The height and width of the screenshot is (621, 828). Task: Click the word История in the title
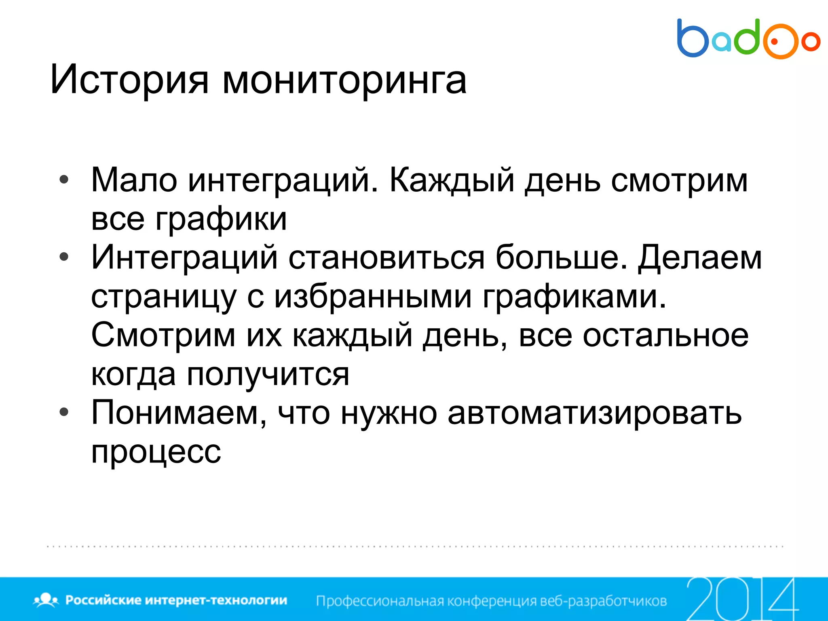129,80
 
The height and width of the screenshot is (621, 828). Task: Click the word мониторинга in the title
344,80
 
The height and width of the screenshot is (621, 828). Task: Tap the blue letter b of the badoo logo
692,39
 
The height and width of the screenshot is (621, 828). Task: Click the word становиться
386,258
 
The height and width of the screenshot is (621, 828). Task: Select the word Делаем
700,258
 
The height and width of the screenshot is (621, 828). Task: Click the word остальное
665,335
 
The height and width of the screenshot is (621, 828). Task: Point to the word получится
268,374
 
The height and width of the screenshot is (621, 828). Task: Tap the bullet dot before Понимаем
64,412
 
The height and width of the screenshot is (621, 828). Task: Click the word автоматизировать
595,413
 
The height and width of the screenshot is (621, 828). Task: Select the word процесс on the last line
156,452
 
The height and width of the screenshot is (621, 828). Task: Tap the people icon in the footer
46,600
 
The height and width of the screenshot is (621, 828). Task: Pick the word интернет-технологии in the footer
215,600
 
